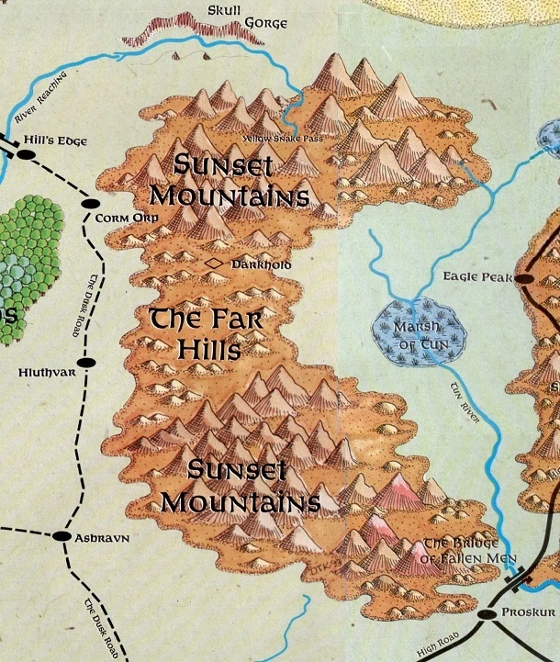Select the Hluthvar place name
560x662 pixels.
(43, 374)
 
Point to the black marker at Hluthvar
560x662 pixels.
(85, 363)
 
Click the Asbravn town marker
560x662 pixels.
(62, 535)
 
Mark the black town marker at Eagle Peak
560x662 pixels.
(524, 276)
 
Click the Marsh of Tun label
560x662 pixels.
(418, 336)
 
